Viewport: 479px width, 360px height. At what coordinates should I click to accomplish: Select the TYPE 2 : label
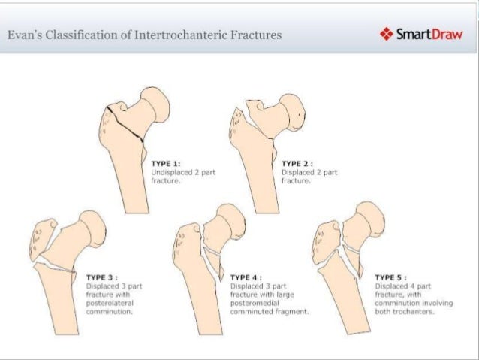pyautogui.click(x=297, y=162)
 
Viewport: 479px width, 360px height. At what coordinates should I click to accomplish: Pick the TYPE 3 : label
pyautogui.click(x=103, y=277)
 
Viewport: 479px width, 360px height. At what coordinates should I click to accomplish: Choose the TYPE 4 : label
pyautogui.click(x=246, y=277)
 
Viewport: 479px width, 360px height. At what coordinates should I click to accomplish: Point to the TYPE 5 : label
pyautogui.click(x=390, y=277)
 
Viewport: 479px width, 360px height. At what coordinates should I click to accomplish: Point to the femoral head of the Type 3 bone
pyautogui.click(x=93, y=225)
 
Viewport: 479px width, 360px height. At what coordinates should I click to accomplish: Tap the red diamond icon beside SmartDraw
pyautogui.click(x=387, y=35)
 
